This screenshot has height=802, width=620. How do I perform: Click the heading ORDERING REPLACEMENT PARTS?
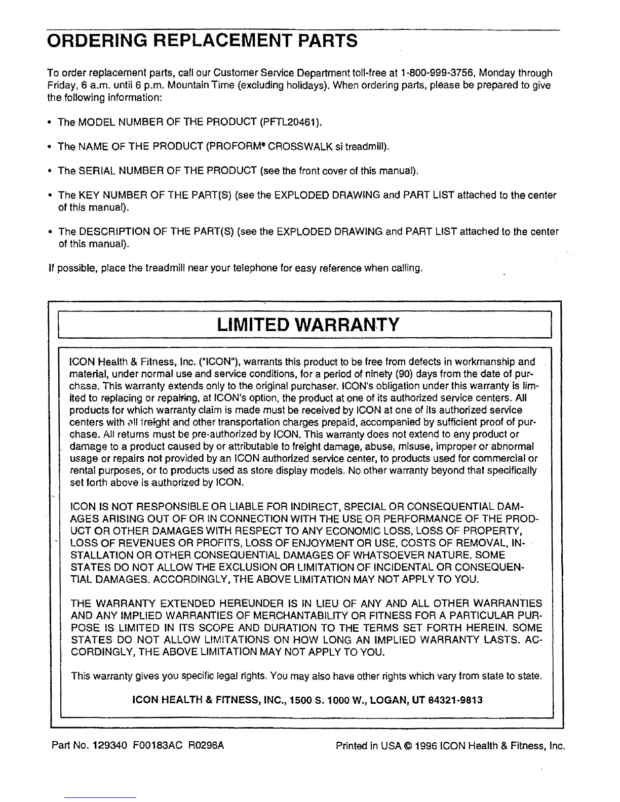coord(202,39)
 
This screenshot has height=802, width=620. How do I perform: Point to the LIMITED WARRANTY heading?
coord(307,325)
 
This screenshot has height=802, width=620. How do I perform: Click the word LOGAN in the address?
coord(389,701)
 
